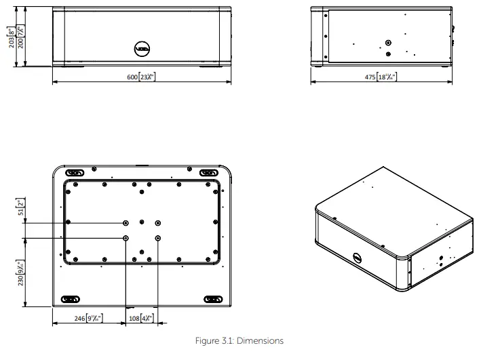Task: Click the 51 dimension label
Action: click(20, 206)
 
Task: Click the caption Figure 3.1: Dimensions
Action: click(240, 341)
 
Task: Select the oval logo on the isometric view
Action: click(358, 258)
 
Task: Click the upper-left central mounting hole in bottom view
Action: click(126, 222)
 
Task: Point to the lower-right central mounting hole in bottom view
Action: click(158, 238)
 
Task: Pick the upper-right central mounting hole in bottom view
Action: click(158, 222)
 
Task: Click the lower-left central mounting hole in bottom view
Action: click(126, 238)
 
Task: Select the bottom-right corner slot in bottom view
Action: click(212, 298)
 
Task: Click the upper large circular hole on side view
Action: click(387, 41)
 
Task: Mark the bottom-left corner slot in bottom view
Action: click(71, 298)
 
